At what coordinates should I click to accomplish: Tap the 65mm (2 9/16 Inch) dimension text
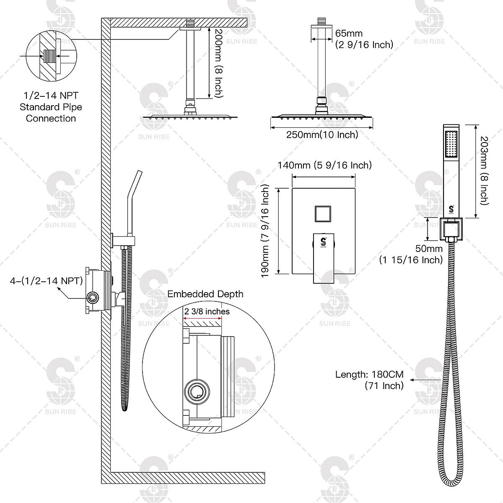pos(364,39)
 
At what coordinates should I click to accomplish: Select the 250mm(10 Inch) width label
pos(322,135)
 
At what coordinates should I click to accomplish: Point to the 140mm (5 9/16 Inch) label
pos(324,165)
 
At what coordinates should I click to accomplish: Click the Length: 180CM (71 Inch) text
pos(369,380)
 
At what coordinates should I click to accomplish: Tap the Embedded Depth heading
pos(205,294)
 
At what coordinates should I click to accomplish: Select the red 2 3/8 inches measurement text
pos(207,311)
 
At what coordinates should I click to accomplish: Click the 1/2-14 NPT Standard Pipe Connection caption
pos(51,107)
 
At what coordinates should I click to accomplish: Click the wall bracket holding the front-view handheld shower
pos(451,228)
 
